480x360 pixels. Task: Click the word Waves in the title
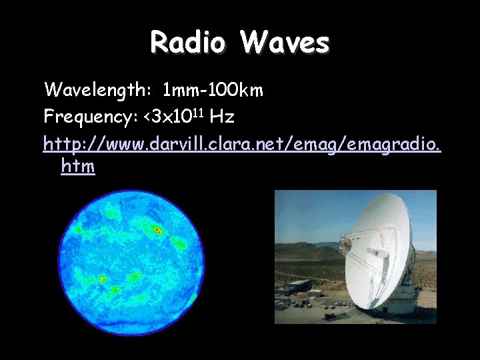(x=285, y=43)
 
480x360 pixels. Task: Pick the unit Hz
(x=221, y=117)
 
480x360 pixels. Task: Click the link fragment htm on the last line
(x=77, y=167)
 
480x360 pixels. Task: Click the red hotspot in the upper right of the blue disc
(x=158, y=230)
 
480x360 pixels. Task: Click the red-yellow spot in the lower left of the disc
(x=103, y=279)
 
